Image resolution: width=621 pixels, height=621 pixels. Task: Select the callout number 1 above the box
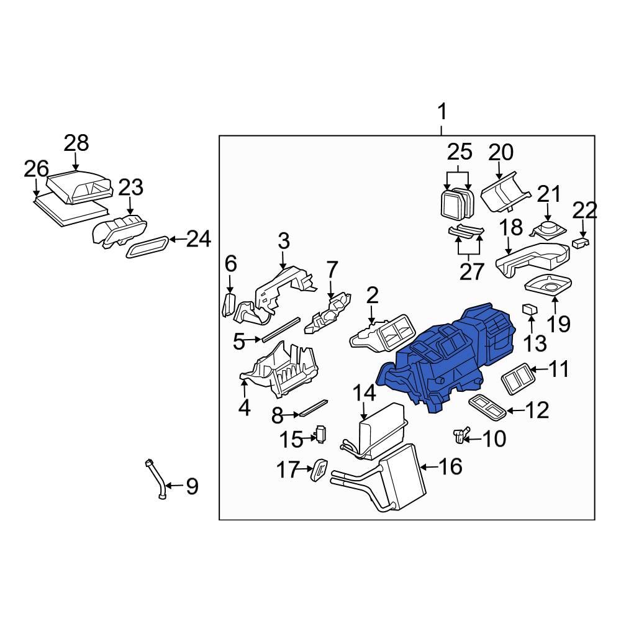point(442,113)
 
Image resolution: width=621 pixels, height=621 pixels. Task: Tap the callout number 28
point(77,143)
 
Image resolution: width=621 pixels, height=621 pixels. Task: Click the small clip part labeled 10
point(460,435)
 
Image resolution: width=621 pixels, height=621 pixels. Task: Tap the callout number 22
point(584,211)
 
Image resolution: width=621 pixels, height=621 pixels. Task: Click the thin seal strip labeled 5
point(279,329)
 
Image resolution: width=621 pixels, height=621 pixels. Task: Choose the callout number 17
point(288,470)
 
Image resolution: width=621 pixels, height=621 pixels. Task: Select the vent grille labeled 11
point(517,378)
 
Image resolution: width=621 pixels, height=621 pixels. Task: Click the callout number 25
point(460,152)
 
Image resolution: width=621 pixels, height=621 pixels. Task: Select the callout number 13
point(535,342)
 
